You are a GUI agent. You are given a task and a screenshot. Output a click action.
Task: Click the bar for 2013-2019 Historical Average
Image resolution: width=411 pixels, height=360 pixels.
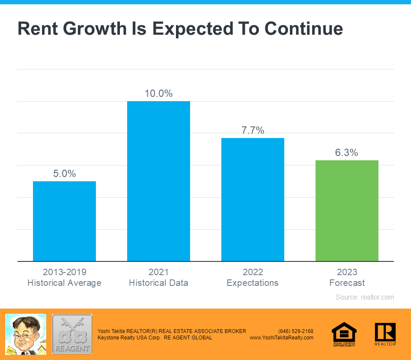tap(64, 221)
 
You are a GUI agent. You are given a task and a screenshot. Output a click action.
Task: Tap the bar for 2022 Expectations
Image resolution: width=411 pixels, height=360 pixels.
tap(253, 199)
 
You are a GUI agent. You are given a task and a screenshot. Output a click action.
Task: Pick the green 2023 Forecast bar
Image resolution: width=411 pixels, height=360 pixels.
tap(347, 210)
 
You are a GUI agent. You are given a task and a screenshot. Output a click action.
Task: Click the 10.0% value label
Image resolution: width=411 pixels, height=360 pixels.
tap(158, 93)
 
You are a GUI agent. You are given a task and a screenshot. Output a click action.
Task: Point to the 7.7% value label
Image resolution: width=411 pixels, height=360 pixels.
tap(253, 130)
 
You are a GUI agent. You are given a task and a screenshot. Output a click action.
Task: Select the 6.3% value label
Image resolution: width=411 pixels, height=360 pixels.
tap(347, 153)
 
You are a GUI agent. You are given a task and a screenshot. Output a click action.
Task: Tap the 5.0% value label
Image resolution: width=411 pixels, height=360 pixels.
tap(64, 174)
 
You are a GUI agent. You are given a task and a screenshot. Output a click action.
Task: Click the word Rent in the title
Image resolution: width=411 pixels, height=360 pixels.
tap(39, 29)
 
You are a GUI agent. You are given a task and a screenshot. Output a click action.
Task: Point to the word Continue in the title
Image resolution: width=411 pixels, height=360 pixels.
tap(304, 29)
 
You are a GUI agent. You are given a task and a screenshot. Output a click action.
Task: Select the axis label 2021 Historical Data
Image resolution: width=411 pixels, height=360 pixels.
tap(158, 277)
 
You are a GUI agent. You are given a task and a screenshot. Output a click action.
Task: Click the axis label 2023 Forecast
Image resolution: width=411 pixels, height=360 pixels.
tap(347, 277)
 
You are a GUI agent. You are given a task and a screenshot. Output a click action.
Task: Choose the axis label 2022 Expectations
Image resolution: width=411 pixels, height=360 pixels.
tap(253, 277)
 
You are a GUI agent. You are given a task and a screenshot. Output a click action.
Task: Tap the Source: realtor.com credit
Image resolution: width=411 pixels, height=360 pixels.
tap(364, 297)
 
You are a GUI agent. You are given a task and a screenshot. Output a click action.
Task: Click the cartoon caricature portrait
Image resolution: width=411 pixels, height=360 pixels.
tap(25, 334)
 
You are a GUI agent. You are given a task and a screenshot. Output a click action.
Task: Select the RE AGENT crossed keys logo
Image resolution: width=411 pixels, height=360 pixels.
tap(72, 334)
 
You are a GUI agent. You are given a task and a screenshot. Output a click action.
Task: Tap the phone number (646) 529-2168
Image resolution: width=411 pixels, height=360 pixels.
tap(295, 331)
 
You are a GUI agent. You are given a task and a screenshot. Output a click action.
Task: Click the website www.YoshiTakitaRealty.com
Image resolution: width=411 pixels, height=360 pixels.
tap(281, 338)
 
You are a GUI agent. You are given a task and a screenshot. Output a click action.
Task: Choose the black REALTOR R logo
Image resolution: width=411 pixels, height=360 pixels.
tap(385, 334)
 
